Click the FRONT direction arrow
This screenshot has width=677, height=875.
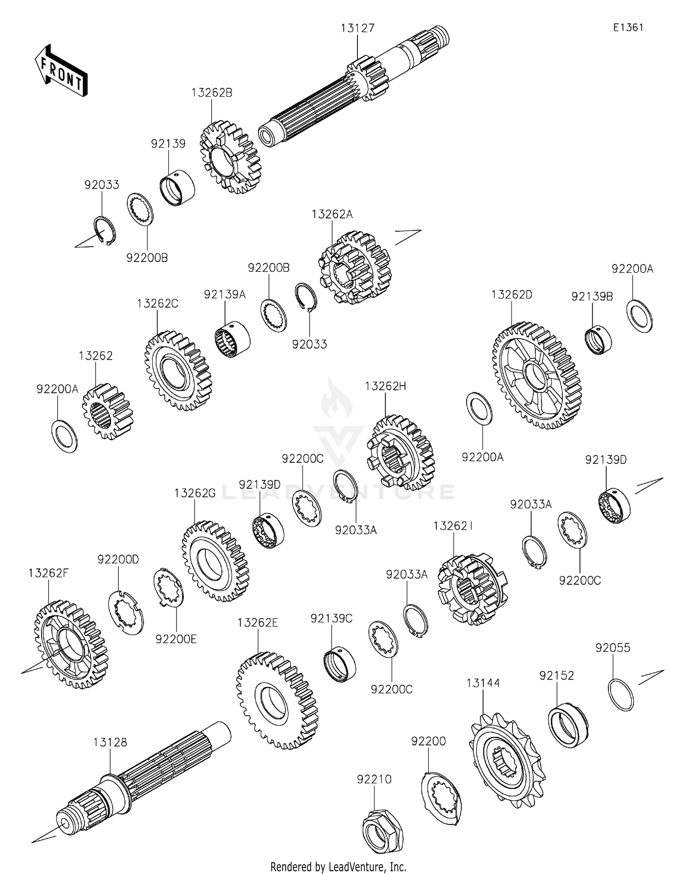click(x=61, y=70)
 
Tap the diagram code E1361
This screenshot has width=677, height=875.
click(x=628, y=27)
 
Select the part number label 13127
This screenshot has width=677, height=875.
click(x=357, y=28)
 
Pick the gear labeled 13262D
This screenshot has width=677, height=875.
click(x=537, y=375)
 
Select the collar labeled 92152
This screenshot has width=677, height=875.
click(x=568, y=725)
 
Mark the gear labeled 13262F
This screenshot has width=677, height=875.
click(x=71, y=644)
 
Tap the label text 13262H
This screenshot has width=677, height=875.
click(x=385, y=386)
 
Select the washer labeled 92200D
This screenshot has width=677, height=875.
click(x=126, y=612)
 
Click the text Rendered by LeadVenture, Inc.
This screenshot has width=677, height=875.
click(x=338, y=866)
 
